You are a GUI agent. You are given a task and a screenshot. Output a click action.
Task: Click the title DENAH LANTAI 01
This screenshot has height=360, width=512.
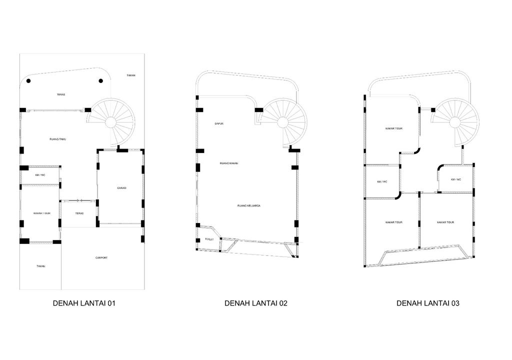pos(84,303)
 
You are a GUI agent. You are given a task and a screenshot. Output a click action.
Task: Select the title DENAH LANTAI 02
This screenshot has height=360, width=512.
pos(256,303)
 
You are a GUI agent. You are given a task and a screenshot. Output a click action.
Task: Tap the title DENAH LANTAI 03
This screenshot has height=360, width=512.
pos(428,303)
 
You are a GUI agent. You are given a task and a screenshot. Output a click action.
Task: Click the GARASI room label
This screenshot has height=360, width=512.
pos(121,188)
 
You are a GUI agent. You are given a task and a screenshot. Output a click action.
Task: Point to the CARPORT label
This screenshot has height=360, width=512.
pos(101,258)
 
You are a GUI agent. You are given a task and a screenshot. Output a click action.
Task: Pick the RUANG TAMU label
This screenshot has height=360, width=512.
pos(58,139)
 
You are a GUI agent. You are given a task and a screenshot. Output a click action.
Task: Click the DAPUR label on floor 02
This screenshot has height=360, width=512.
pos(218,123)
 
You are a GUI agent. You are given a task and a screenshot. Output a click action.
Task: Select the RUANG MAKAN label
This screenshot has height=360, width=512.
pos(227,163)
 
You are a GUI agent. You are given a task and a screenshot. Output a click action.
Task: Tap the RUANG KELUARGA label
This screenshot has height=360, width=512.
pos(249,205)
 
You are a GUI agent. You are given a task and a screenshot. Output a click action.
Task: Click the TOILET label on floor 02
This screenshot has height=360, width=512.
pos(209,240)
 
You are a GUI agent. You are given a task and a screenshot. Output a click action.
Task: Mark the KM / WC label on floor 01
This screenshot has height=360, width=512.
pos(40,175)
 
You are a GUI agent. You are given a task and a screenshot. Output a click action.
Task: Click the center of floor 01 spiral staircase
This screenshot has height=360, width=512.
pos(111,121)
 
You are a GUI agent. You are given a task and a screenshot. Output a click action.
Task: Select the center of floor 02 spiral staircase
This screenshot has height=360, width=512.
pos(282,121)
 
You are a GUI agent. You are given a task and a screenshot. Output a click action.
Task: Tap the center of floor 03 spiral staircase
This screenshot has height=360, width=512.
pos(455,122)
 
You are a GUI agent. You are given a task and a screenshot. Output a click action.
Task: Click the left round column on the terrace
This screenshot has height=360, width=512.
pos(29,81)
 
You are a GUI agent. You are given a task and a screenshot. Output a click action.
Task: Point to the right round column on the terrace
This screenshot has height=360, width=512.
pos(101,81)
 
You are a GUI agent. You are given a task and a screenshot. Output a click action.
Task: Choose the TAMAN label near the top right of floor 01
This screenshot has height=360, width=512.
pos(131,75)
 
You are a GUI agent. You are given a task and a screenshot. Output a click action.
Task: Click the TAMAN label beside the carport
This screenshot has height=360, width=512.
pos(40,266)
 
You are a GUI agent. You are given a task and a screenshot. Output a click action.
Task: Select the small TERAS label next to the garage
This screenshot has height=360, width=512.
pos(79,213)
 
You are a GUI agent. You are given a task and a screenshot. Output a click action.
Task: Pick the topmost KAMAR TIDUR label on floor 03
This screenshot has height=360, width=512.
pos(394,128)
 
